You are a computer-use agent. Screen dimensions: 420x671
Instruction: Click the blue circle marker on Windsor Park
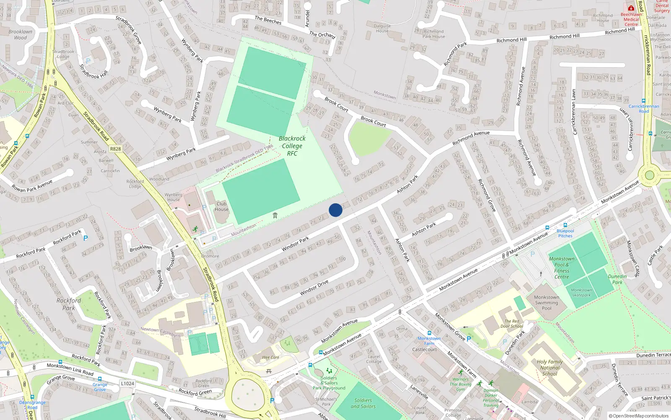[335, 210]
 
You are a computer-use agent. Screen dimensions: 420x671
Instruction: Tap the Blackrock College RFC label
[292, 146]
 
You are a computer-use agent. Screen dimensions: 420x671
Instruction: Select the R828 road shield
[115, 149]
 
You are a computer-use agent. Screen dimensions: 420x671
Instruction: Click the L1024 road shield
[127, 383]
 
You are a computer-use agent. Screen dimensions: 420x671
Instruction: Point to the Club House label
[221, 206]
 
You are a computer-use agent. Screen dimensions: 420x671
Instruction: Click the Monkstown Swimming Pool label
[546, 302]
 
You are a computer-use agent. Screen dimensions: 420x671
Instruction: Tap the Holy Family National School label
[550, 367]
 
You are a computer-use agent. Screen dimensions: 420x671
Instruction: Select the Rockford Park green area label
[69, 304]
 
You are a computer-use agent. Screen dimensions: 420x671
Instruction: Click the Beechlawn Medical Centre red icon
[631, 8]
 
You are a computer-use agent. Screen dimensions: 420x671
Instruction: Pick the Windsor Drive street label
[314, 287]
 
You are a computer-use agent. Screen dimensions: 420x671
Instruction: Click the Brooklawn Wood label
[20, 34]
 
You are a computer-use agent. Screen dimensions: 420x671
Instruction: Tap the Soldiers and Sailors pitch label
[363, 403]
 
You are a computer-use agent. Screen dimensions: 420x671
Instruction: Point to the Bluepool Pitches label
[565, 233]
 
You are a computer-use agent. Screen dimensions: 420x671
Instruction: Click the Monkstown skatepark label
[581, 292]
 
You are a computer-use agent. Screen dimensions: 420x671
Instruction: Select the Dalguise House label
[382, 28]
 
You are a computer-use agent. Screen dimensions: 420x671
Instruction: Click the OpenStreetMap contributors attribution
[639, 416]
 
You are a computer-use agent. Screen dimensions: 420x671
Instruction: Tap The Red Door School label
[512, 323]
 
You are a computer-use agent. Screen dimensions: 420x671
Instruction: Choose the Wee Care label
[270, 357]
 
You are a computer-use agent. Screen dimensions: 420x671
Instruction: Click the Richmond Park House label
[434, 34]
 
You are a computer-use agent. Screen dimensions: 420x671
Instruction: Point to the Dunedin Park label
[617, 279]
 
